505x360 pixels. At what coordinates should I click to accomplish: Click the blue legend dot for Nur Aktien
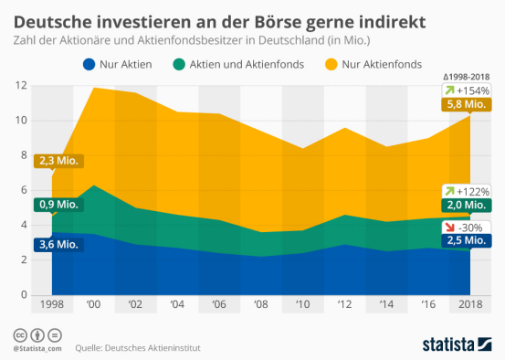coord(88,64)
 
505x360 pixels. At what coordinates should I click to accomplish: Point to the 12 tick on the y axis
coord(21,86)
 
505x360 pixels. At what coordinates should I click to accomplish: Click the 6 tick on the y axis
coord(22,190)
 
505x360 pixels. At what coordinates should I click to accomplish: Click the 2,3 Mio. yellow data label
coord(58,162)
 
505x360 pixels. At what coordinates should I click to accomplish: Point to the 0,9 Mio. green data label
coord(58,205)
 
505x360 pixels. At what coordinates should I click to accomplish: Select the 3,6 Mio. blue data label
coord(58,244)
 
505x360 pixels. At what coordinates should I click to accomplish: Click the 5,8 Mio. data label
coord(467,104)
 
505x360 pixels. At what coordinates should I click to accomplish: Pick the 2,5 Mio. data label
coord(467,240)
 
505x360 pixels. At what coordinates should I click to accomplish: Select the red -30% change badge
coord(467,226)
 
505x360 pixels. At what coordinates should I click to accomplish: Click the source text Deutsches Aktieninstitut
coord(156,347)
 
